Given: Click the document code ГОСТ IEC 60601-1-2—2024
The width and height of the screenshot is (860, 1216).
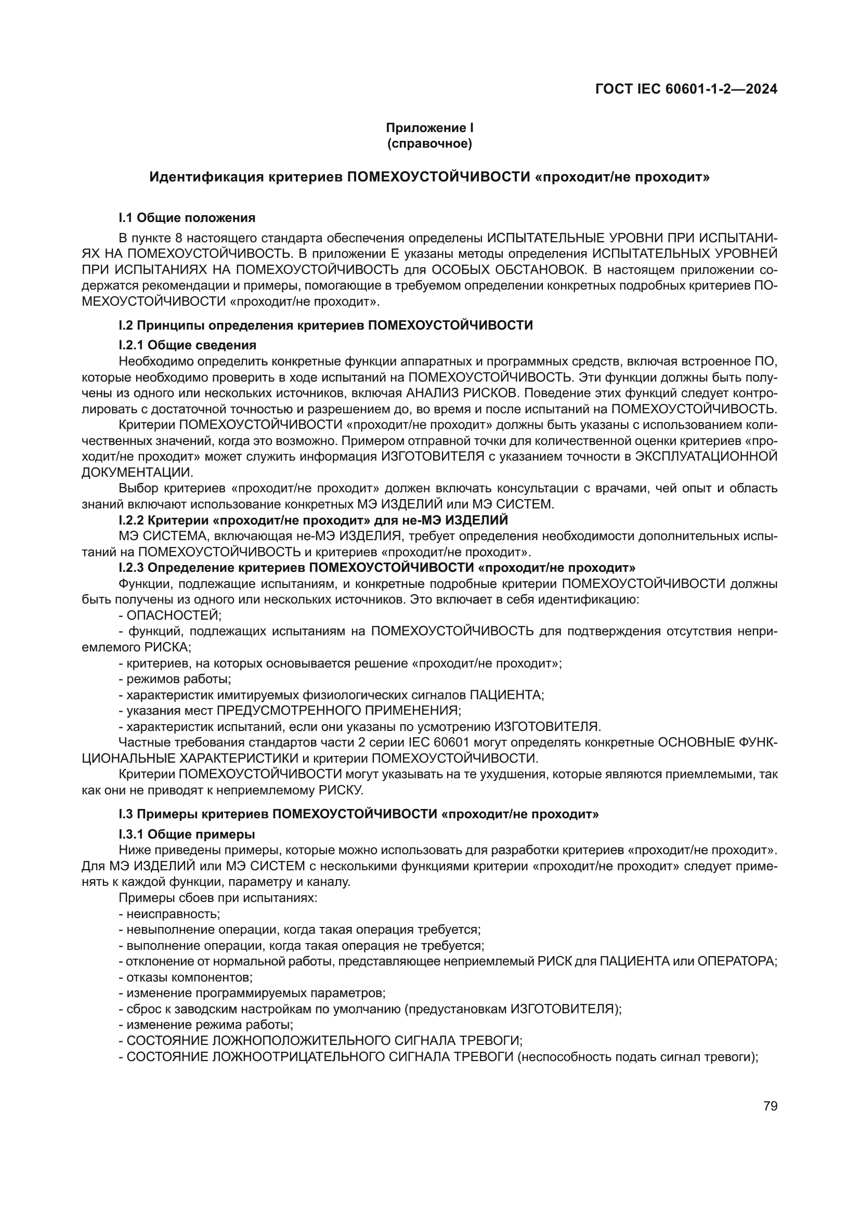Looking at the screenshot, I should [686, 89].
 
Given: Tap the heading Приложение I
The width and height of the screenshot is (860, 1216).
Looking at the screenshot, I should [429, 128].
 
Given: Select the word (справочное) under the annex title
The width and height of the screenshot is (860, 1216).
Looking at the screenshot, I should [429, 143].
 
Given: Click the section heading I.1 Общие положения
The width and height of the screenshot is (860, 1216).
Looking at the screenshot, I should [187, 218].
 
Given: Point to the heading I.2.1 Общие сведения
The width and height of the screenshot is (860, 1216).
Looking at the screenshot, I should [187, 345].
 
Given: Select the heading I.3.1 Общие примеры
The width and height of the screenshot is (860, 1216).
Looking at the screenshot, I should [187, 834].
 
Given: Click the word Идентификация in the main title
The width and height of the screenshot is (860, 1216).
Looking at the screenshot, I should [206, 177].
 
